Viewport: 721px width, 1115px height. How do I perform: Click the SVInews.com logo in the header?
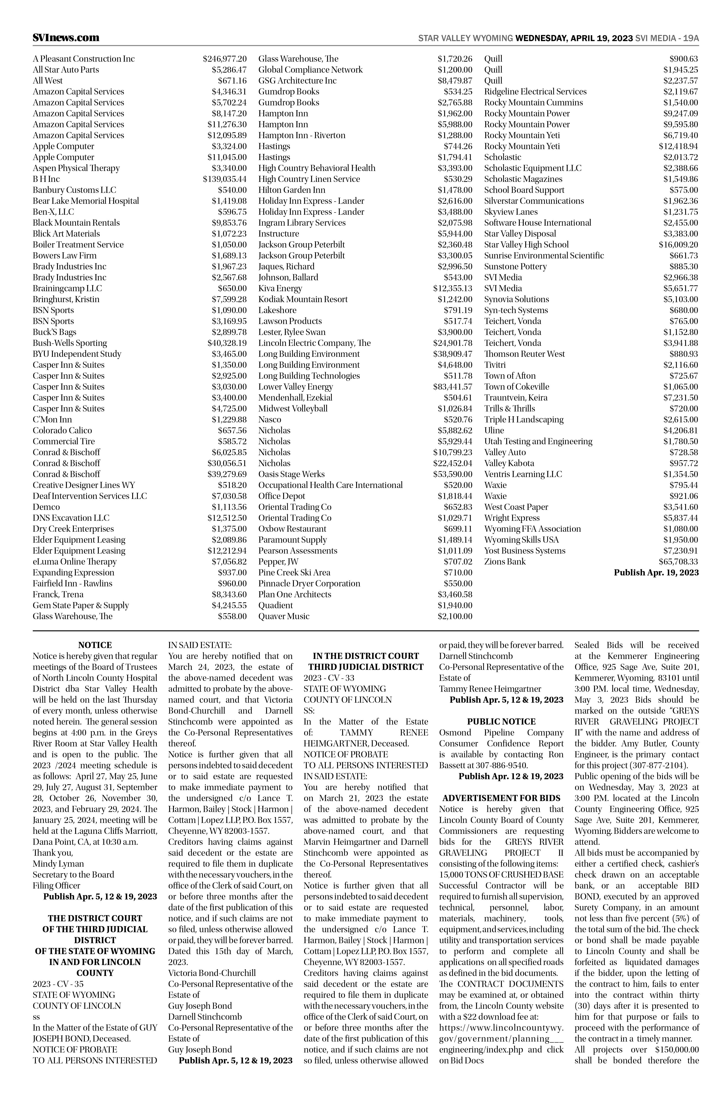point(66,37)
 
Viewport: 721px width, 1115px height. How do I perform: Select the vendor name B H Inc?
point(46,179)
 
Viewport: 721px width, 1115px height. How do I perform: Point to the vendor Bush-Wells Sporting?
point(70,343)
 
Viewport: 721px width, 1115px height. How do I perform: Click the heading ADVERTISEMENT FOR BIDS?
point(501,798)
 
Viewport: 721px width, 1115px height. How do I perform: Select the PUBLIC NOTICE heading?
point(501,721)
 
